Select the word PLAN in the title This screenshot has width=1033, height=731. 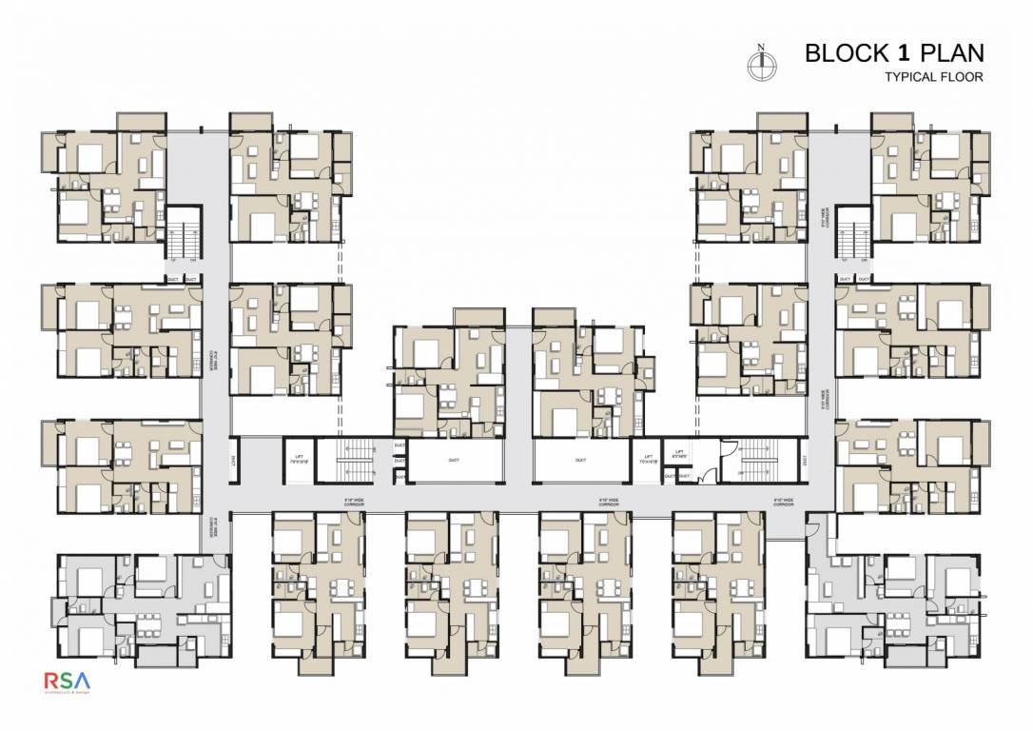952,53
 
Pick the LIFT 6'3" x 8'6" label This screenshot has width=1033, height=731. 679,455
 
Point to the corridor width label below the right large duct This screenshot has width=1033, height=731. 609,499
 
